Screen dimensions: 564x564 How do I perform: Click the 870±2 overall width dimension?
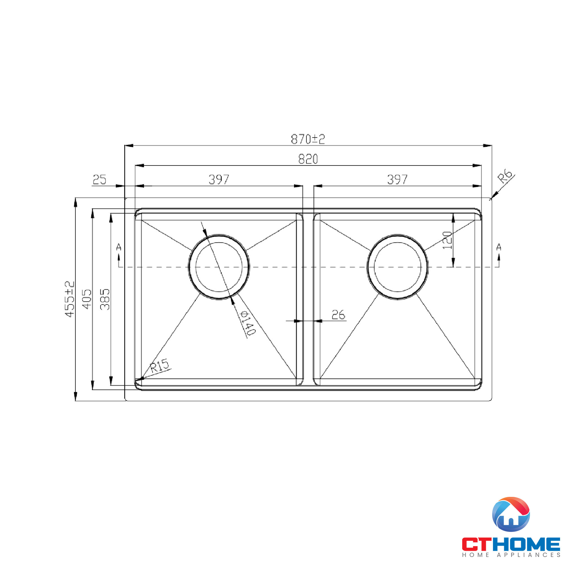point(308,139)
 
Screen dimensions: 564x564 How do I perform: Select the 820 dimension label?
point(308,159)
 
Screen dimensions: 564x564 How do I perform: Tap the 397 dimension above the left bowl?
point(219,180)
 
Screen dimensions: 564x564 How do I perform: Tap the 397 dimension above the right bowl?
point(397,180)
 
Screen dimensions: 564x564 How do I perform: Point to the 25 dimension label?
point(99,180)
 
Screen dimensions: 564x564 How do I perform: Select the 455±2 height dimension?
point(70,299)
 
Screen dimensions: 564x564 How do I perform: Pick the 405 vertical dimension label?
point(87,299)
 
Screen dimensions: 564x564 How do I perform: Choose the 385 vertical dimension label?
point(105,299)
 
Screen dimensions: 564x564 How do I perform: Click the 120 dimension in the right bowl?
point(447,240)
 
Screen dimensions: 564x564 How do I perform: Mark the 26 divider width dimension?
point(338,315)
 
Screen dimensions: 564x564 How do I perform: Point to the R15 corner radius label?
point(159,365)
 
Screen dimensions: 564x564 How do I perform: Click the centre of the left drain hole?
point(219,267)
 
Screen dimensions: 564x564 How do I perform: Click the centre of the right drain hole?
point(397,267)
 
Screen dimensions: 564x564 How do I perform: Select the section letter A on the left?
point(118,247)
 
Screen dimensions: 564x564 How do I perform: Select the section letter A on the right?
point(499,247)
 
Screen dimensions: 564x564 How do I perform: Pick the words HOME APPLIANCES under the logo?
point(511,555)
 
